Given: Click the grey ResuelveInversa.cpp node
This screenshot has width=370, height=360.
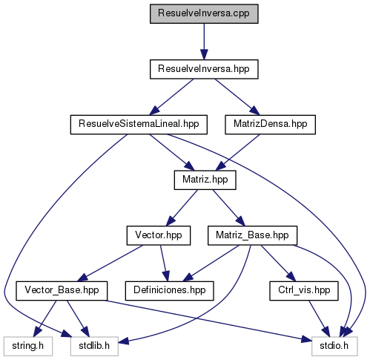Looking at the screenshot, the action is pyautogui.click(x=204, y=14).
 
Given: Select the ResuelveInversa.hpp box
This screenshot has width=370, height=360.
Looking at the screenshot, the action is pyautogui.click(x=204, y=69).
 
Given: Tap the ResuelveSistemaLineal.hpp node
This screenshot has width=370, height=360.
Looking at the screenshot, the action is pyautogui.click(x=139, y=125).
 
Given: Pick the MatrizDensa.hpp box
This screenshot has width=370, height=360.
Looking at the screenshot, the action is pyautogui.click(x=270, y=125).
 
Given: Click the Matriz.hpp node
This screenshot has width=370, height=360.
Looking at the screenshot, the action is pyautogui.click(x=205, y=180).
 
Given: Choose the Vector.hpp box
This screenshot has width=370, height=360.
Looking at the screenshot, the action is pyautogui.click(x=159, y=235).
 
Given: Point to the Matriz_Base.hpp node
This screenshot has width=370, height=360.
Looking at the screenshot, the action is pyautogui.click(x=252, y=235).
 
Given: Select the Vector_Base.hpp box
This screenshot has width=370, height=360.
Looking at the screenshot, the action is pyautogui.click(x=62, y=291).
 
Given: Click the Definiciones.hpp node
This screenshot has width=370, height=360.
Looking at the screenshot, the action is pyautogui.click(x=170, y=291).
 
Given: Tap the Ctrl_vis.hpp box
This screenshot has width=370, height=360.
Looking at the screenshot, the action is pyautogui.click(x=304, y=291).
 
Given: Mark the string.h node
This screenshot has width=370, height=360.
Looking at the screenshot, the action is pyautogui.click(x=28, y=347).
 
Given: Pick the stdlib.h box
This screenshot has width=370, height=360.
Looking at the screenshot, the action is pyautogui.click(x=94, y=347).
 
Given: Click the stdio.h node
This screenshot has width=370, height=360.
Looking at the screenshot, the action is pyautogui.click(x=334, y=347).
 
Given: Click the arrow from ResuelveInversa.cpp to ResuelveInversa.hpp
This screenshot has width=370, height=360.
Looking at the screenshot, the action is pyautogui.click(x=204, y=42).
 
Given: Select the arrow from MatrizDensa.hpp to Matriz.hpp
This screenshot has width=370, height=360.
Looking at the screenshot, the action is pyautogui.click(x=238, y=152).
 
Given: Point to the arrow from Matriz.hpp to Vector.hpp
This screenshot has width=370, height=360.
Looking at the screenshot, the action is pyautogui.click(x=182, y=208).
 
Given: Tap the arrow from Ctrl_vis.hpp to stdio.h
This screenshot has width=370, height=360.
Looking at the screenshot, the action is pyautogui.click(x=319, y=318).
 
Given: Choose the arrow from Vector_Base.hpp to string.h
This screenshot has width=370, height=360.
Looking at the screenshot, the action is pyautogui.click(x=45, y=318).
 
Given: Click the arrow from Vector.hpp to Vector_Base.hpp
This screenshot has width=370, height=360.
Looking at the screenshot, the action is pyautogui.click(x=110, y=264).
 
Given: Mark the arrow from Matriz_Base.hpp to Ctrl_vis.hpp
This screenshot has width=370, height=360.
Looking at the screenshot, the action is pyautogui.click(x=278, y=264).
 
